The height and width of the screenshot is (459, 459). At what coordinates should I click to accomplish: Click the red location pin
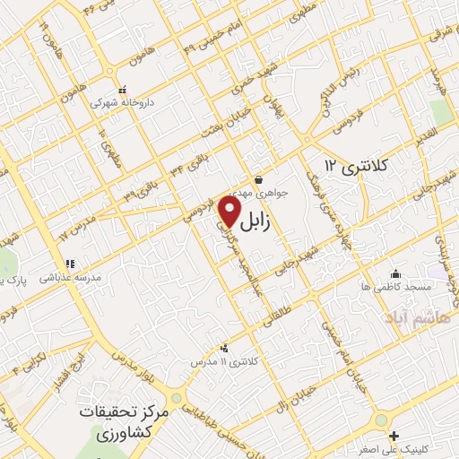(x=230, y=211)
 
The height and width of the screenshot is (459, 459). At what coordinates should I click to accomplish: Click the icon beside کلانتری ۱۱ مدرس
(x=223, y=347)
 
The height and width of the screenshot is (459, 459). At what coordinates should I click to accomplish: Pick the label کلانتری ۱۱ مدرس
(x=223, y=360)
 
